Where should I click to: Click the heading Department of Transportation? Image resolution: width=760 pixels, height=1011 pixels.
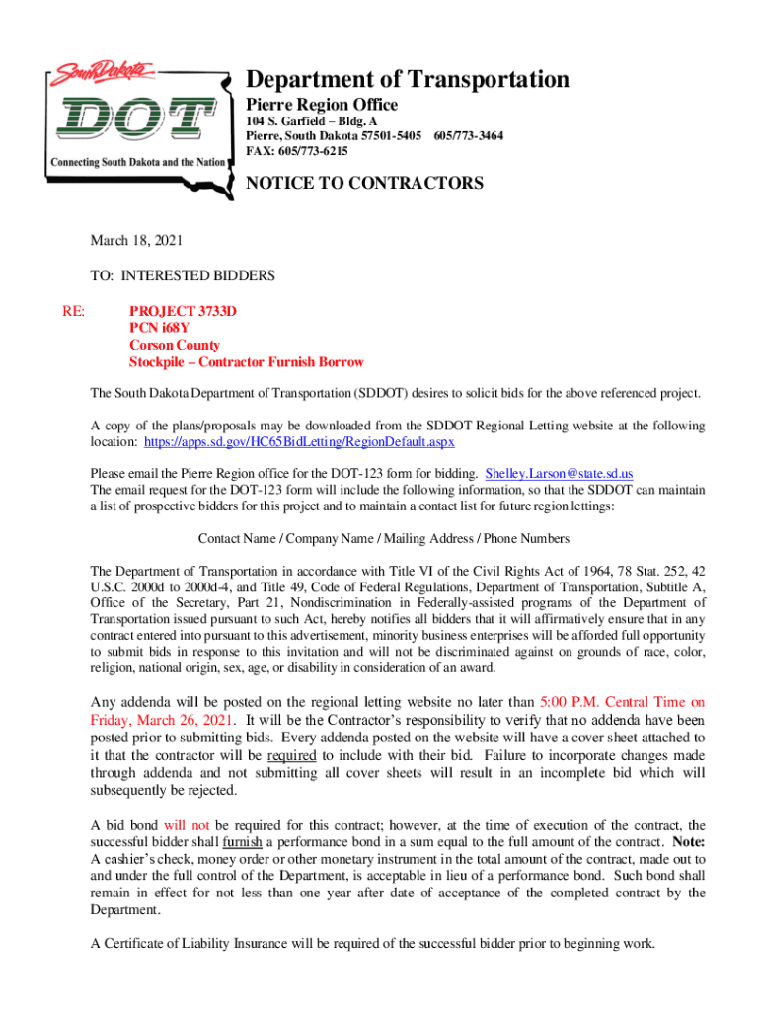click(x=407, y=79)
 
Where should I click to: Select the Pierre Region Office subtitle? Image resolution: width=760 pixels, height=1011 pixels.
click(x=322, y=105)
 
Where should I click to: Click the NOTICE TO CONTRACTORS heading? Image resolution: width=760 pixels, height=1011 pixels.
click(x=364, y=183)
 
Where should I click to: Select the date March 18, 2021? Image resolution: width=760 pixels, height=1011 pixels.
click(x=136, y=240)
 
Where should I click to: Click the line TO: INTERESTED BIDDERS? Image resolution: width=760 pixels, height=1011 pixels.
click(x=183, y=275)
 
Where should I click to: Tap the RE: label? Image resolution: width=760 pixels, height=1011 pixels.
click(x=74, y=311)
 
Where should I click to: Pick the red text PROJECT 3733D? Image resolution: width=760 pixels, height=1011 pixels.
click(x=184, y=311)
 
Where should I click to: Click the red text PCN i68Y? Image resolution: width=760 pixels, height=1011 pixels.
click(x=159, y=328)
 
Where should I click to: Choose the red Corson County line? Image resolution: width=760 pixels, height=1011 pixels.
click(x=175, y=346)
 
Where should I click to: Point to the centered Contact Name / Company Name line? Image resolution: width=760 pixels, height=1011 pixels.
click(x=383, y=538)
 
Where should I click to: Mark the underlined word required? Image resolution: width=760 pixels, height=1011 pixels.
click(x=291, y=754)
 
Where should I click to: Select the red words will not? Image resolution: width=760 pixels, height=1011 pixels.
click(x=188, y=825)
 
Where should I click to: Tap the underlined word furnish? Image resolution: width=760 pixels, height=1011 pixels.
click(x=242, y=842)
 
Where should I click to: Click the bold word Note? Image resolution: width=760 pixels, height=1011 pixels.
click(x=688, y=842)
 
